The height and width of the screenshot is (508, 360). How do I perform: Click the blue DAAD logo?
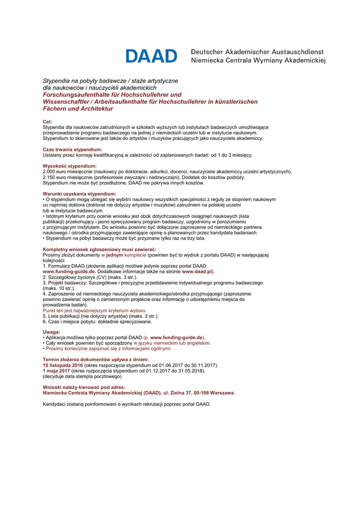(x=151, y=56)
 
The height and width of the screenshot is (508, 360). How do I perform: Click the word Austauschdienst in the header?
(x=296, y=52)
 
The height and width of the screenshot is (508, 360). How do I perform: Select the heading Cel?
(x=47, y=122)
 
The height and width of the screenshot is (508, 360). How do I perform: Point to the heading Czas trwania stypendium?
(x=72, y=149)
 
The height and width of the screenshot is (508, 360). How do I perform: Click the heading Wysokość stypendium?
(x=70, y=166)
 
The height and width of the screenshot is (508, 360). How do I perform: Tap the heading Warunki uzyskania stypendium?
(x=79, y=193)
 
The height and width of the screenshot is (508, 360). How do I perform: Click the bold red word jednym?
(x=114, y=255)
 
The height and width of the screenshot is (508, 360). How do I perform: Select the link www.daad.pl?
(x=197, y=272)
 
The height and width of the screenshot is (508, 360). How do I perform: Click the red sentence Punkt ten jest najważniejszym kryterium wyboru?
(x=91, y=310)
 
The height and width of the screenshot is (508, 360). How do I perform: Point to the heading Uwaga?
(x=51, y=332)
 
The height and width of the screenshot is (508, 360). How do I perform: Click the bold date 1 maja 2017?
(x=56, y=371)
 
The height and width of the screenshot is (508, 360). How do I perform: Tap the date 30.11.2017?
(x=205, y=365)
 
